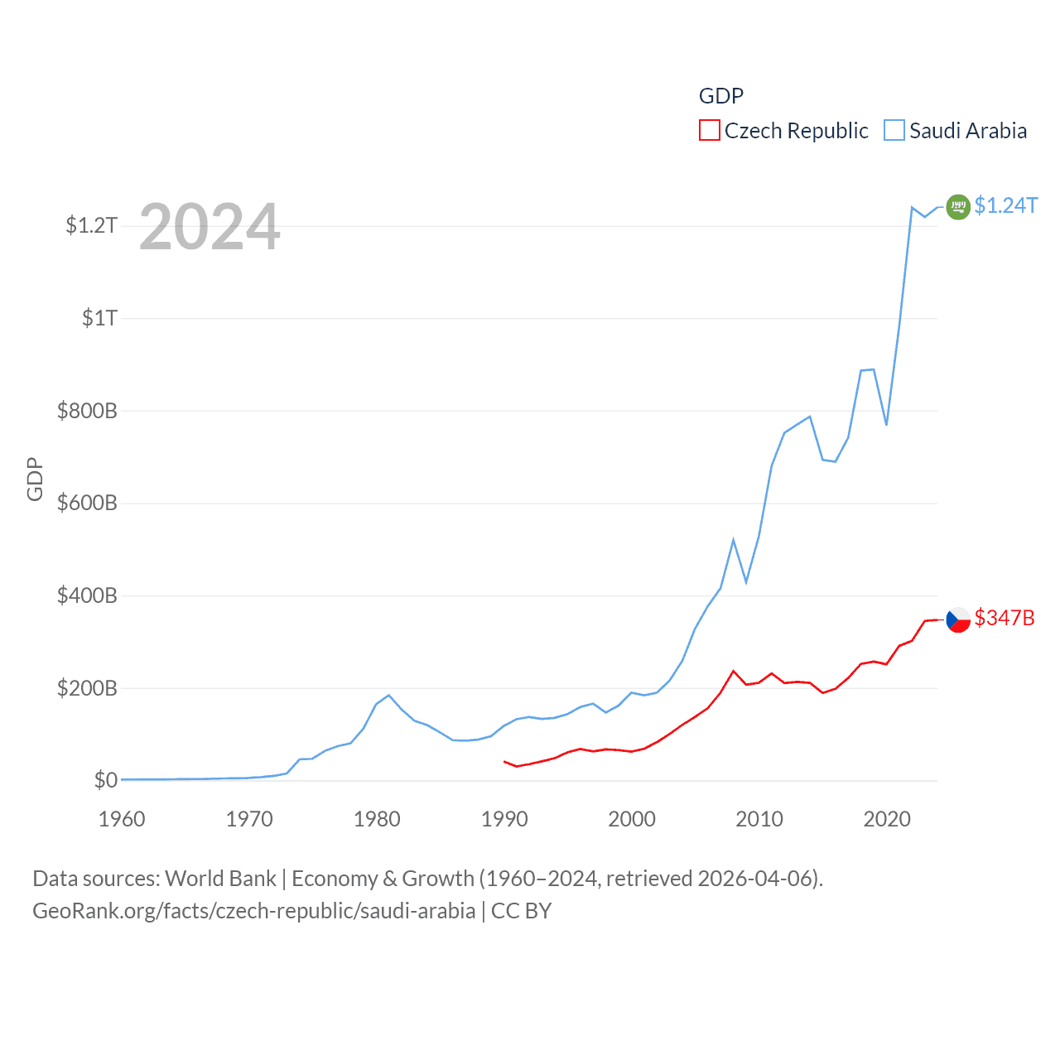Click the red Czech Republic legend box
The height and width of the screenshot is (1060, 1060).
pyautogui.click(x=710, y=131)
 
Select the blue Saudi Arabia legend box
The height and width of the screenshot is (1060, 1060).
pyautogui.click(x=894, y=131)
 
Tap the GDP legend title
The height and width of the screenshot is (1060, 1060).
pyautogui.click(x=720, y=96)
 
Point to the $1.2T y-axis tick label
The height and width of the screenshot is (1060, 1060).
pyautogui.click(x=91, y=225)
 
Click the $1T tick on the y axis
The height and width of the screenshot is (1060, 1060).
pyautogui.click(x=99, y=318)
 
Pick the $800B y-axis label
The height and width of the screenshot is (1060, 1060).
pyautogui.click(x=87, y=411)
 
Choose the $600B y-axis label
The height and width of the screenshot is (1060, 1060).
pyautogui.click(x=87, y=503)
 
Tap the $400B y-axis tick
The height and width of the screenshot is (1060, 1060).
pyautogui.click(x=87, y=595)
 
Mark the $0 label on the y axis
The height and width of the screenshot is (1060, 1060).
pyautogui.click(x=105, y=780)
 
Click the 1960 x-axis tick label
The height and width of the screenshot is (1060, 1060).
pyautogui.click(x=122, y=819)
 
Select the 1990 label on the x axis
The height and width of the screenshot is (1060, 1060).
pyautogui.click(x=504, y=819)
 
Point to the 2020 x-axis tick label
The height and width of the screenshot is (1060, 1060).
pyautogui.click(x=887, y=819)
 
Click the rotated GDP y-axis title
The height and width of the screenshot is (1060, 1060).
pyautogui.click(x=35, y=479)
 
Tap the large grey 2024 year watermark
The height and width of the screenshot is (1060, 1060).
pyautogui.click(x=210, y=227)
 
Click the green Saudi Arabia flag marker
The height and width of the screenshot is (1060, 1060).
pyautogui.click(x=958, y=207)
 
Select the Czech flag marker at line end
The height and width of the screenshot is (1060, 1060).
pyautogui.click(x=958, y=619)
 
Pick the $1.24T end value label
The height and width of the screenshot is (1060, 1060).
pyautogui.click(x=1005, y=205)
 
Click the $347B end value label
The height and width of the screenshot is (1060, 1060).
pyautogui.click(x=1005, y=618)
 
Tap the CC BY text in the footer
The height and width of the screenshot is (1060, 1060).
pyautogui.click(x=521, y=911)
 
